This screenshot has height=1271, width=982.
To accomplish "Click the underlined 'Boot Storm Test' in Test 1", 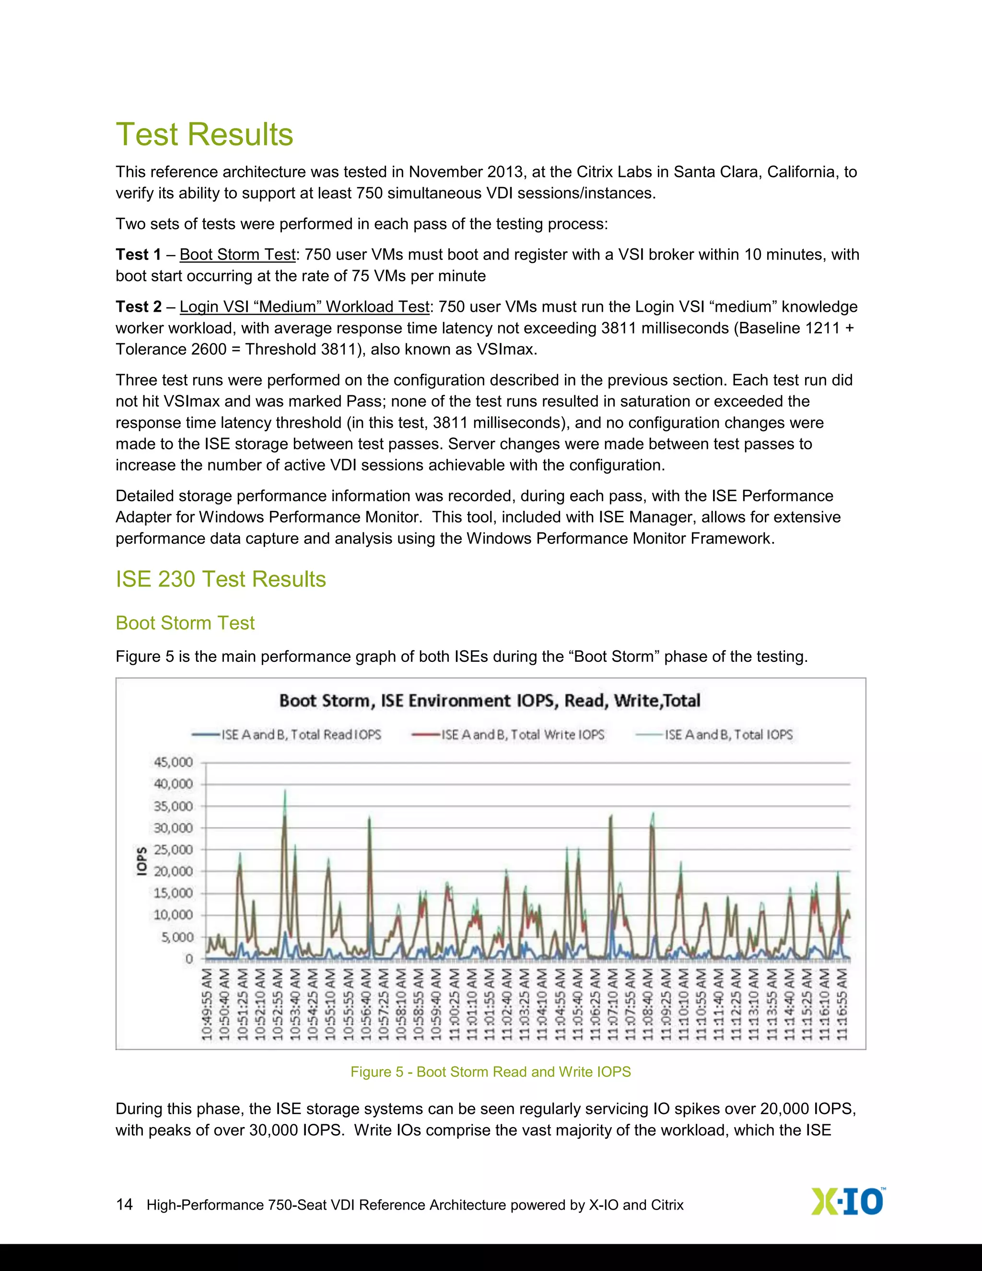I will pos(237,255).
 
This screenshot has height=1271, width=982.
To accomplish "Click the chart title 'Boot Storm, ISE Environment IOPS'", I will pos(490,700).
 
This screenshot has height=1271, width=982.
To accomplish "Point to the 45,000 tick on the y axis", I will pos(173,763).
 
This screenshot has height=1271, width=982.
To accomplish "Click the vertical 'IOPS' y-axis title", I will pos(141,861).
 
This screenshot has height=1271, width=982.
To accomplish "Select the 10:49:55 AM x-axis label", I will pos(208,1005).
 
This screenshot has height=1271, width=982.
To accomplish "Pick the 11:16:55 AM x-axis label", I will pos(843,1005).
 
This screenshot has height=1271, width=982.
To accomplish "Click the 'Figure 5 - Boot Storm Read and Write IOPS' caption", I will pos(491,1072).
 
